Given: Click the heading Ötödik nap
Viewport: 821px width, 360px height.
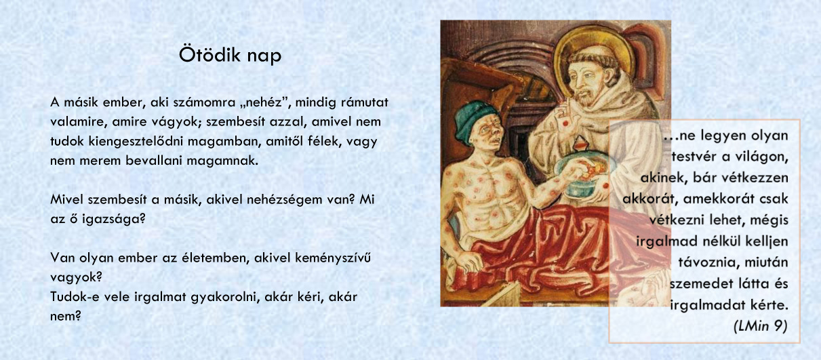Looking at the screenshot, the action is click(x=231, y=55).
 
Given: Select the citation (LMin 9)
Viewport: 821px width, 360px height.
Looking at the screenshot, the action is click(x=760, y=326).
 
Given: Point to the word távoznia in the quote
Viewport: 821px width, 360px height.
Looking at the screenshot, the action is click(x=704, y=262).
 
